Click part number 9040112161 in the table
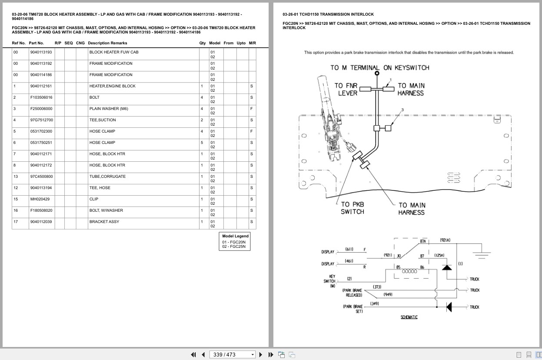click(x=41, y=86)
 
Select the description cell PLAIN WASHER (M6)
click(x=109, y=109)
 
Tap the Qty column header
click(x=202, y=43)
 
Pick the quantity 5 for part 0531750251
click(x=202, y=143)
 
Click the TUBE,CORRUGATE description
click(x=107, y=177)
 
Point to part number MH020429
click(x=40, y=199)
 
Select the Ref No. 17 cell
click(x=16, y=222)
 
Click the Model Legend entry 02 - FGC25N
click(x=234, y=247)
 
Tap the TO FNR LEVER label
click(x=346, y=89)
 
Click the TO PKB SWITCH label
click(x=352, y=208)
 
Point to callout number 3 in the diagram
click(x=402, y=110)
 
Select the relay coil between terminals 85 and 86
click(x=409, y=271)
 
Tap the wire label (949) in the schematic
click(x=388, y=294)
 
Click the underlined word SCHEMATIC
click(x=409, y=317)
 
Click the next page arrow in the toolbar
click(x=261, y=355)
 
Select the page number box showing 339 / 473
click(x=232, y=355)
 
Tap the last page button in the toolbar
click(x=271, y=355)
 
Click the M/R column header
click(x=252, y=43)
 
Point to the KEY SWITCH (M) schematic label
click(x=329, y=281)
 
